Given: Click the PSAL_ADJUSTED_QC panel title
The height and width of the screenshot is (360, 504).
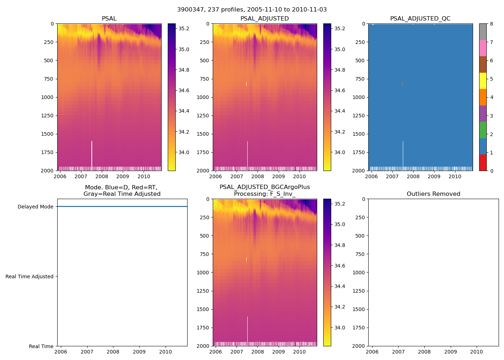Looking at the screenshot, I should (420, 19).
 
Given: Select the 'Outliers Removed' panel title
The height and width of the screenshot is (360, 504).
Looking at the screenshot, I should (433, 194).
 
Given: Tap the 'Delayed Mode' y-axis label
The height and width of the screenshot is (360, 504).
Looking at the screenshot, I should (35, 207).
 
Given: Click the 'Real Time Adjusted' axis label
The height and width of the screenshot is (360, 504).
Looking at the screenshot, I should (30, 276).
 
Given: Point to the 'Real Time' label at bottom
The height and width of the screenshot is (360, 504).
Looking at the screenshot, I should (41, 346).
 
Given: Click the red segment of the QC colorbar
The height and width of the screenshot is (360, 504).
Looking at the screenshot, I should (483, 163).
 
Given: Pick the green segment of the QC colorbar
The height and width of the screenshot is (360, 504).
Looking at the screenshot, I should (483, 130).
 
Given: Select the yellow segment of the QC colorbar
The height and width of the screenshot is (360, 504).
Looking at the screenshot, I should (483, 81).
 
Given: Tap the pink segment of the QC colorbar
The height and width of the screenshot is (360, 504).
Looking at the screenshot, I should (483, 48).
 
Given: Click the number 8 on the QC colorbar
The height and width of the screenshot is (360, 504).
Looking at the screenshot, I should (491, 24).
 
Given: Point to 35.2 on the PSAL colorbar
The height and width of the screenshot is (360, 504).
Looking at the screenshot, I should (184, 28).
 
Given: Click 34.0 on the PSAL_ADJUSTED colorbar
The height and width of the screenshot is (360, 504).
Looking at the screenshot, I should (340, 152).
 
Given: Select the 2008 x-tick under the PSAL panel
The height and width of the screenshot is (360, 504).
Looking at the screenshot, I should (102, 176).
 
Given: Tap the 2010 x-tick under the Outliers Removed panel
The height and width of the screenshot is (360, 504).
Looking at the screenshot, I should (477, 352).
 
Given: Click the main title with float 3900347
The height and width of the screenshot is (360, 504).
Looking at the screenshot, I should (252, 10).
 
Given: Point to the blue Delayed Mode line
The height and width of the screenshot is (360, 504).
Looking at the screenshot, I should (122, 207).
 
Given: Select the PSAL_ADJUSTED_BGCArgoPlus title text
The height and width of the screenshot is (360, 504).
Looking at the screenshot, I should (265, 187).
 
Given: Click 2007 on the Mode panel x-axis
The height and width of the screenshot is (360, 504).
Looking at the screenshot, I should (87, 352).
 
